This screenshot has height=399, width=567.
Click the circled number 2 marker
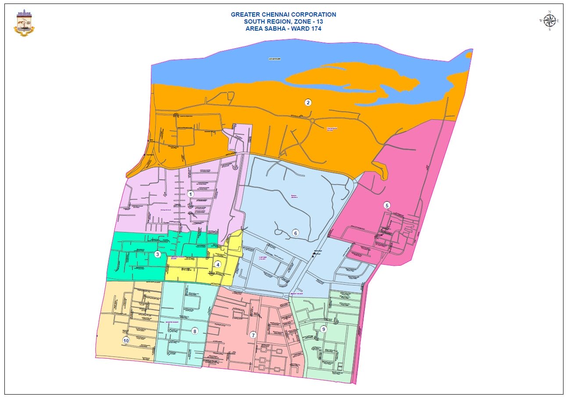point(308,103)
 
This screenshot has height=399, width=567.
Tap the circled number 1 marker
point(190,194)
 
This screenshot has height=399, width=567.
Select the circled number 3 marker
point(157,254)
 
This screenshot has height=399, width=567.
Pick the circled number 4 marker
point(218,264)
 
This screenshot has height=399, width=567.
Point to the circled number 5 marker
point(386,205)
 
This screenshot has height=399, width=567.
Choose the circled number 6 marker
point(296,233)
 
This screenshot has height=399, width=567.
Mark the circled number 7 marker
point(253,335)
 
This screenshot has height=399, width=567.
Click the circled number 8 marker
point(195,331)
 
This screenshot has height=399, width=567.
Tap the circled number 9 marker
point(324,329)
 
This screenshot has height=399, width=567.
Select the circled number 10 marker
point(126,340)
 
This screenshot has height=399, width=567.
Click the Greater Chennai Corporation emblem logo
point(25,23)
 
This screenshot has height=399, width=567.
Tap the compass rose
point(549,21)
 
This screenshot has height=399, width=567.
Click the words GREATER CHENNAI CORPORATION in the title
point(283,14)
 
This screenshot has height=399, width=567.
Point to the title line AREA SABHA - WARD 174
point(283,28)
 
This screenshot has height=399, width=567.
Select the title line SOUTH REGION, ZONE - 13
point(283,21)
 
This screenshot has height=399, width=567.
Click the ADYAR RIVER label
point(274,58)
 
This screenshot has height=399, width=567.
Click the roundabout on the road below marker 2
point(312,120)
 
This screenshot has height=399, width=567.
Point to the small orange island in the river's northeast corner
point(469,55)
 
